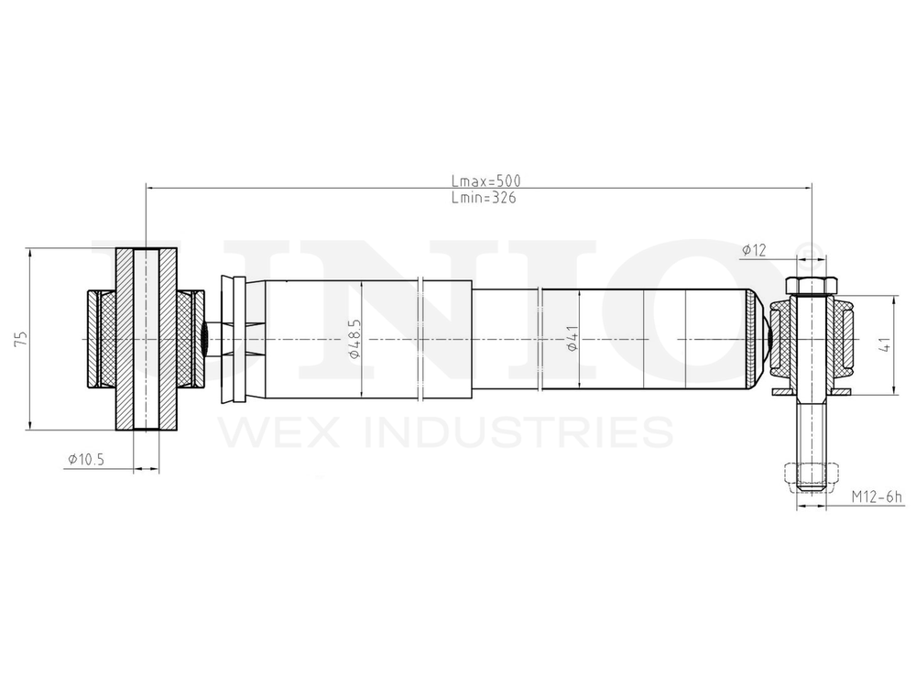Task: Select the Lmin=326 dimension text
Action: coord(483,197)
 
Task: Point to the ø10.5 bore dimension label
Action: coord(86,460)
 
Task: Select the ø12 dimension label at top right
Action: coord(754,250)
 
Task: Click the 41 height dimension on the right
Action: coord(886,345)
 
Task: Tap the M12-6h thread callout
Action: coord(877,497)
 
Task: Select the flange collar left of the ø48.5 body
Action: coord(237,340)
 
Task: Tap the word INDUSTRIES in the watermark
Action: coord(518,431)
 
